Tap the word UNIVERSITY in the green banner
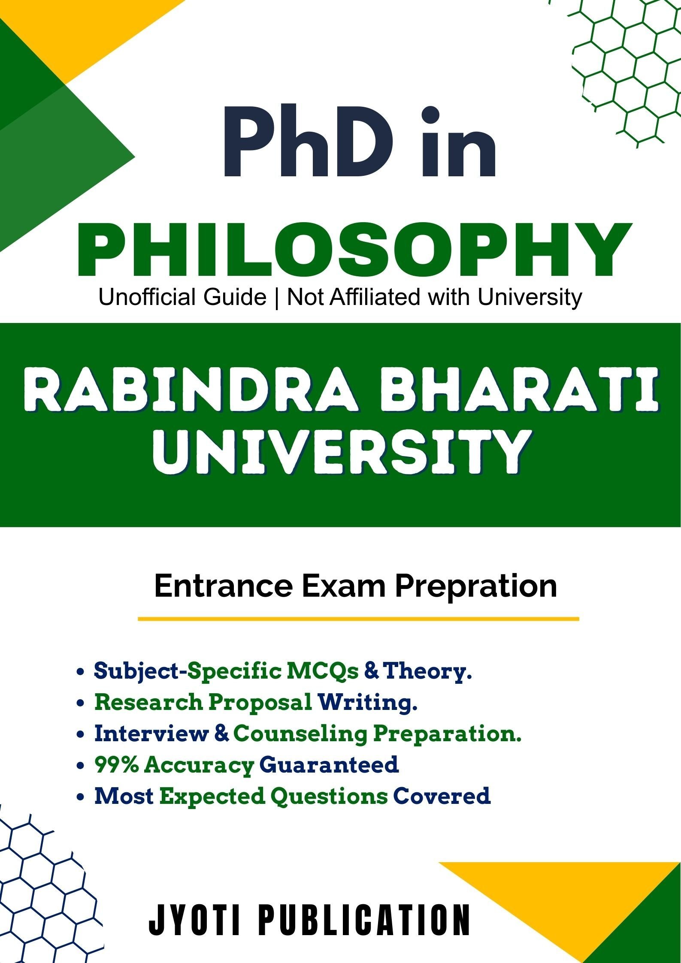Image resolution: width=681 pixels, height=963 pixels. [345, 453]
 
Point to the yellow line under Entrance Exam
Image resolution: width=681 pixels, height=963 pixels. [358, 619]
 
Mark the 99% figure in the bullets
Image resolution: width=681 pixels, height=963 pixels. [119, 765]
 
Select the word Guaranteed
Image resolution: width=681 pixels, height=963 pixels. [329, 765]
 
